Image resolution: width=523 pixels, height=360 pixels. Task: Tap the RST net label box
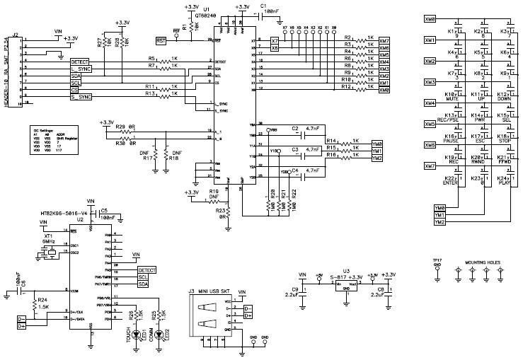tap(161, 42)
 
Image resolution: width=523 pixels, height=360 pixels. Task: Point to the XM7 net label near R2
tap(384, 40)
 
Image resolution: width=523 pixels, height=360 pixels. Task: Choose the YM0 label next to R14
tap(377, 144)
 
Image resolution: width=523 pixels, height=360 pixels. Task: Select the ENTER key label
tap(448, 183)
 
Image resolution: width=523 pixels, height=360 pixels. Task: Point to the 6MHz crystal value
tap(49, 241)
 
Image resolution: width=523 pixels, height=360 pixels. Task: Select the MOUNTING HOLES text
tap(482, 262)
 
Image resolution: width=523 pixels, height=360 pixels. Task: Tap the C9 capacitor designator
tap(294, 289)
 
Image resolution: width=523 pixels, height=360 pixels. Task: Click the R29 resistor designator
tap(120, 126)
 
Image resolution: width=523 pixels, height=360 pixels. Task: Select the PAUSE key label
tap(448, 142)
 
